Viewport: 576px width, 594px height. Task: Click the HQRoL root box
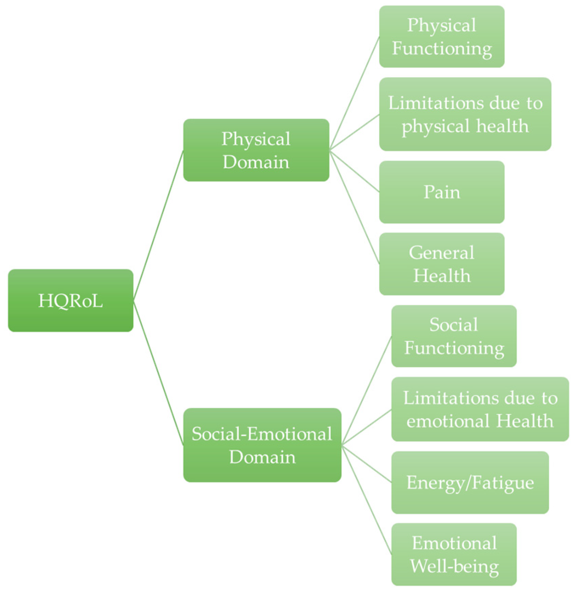coord(71,300)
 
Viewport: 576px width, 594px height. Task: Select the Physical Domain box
coord(256,150)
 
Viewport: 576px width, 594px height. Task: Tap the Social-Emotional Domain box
coord(262,445)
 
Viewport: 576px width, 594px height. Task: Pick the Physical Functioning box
coord(442,36)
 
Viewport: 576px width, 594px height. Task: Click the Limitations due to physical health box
coord(465,114)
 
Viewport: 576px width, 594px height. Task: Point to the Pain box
coord(442,192)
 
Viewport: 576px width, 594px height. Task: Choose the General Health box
coord(442,264)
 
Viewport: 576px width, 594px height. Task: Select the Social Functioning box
coord(454,336)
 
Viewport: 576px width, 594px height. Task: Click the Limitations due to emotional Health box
coord(480,409)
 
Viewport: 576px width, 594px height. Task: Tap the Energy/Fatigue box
coord(470,482)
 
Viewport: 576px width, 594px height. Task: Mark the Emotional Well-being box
coord(454,554)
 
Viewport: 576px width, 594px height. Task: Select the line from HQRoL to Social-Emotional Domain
coord(158,373)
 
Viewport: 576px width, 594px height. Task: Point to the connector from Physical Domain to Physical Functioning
coord(354,93)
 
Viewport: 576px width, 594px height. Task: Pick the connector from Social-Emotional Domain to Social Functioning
coord(366,390)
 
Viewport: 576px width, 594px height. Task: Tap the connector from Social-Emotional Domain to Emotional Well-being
coord(366,499)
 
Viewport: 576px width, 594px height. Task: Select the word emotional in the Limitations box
coord(448,421)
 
